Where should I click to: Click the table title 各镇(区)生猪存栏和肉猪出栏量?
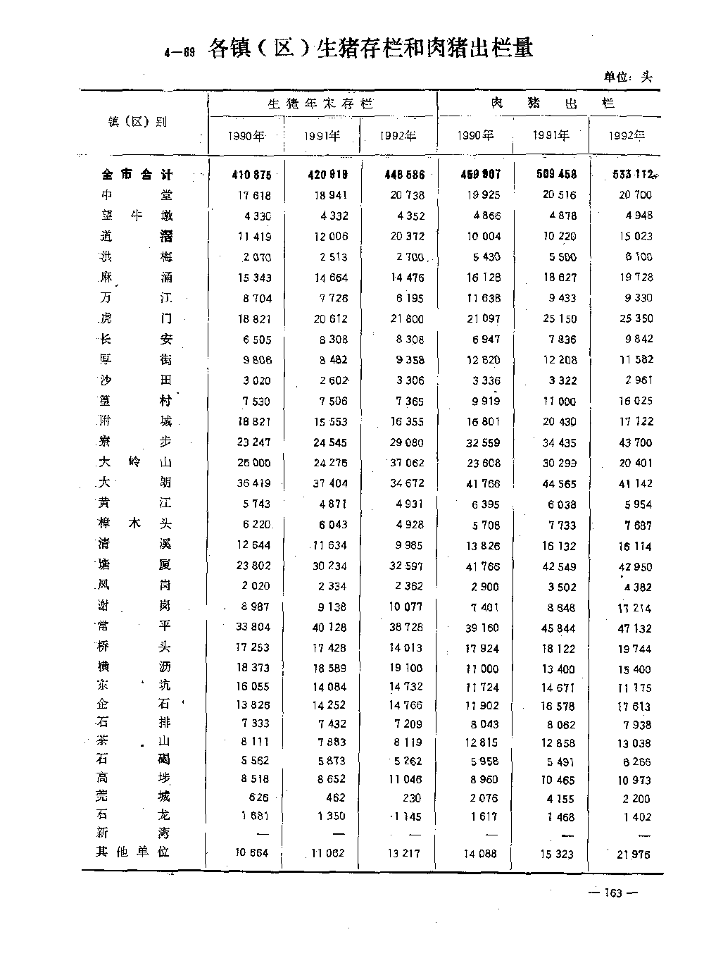click(370, 48)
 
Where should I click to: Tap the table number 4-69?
click(179, 51)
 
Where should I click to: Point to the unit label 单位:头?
click(628, 77)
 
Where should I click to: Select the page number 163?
click(613, 893)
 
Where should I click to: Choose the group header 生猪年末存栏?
click(320, 104)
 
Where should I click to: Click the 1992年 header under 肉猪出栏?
click(627, 136)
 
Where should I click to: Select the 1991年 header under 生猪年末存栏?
click(322, 136)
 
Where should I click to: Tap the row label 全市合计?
click(137, 174)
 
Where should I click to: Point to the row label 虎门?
click(136, 318)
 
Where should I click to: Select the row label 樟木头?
click(135, 524)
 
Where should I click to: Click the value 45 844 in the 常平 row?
click(558, 628)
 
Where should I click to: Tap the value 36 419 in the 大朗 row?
click(251, 483)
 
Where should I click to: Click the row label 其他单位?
click(134, 852)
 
